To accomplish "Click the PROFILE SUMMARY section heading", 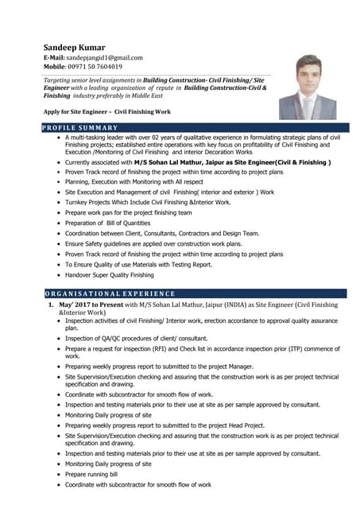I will [79, 128].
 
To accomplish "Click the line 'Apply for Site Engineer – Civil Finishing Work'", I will [107, 112].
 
